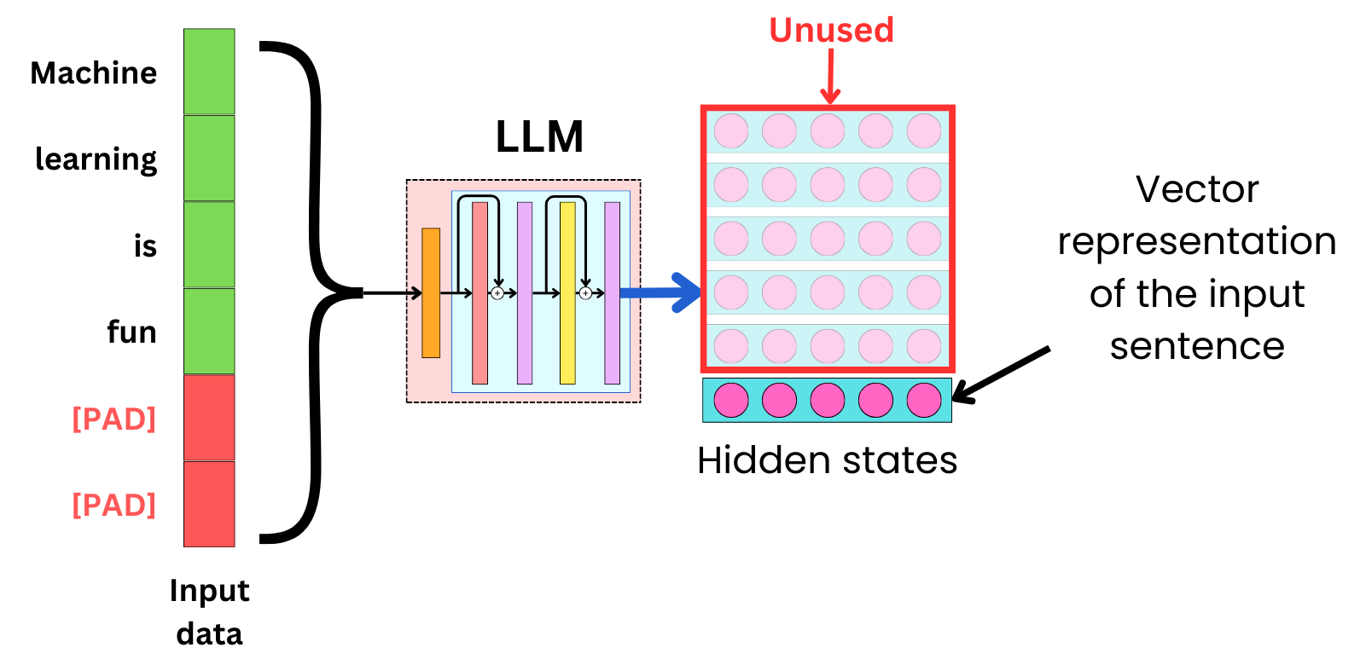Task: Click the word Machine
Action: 94,73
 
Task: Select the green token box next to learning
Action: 209,159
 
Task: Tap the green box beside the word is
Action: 209,245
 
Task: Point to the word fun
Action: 131,332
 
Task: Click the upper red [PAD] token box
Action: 209,418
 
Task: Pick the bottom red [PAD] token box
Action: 209,504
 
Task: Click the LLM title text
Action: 539,136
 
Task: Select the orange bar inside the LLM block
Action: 431,292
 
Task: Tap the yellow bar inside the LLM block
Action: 567,292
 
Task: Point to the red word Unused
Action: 831,31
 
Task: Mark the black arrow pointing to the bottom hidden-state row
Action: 1000,374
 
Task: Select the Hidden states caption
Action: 827,460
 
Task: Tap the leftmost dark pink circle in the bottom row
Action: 731,400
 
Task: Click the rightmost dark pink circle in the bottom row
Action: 924,400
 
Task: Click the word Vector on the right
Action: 1196,189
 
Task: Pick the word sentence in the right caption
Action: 1196,346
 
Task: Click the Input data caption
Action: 209,612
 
